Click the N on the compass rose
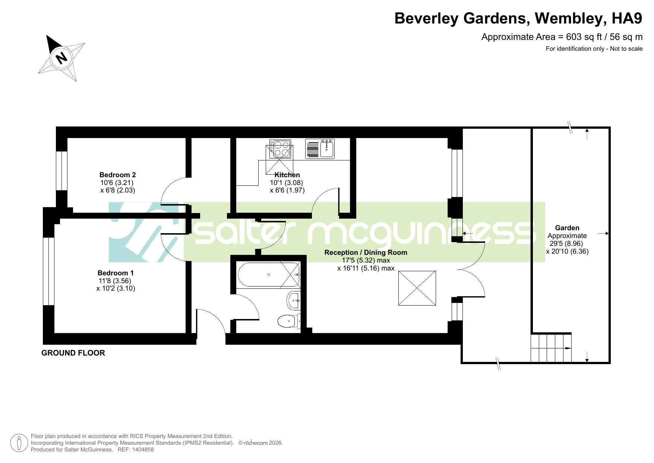(x=61, y=58)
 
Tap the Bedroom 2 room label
(x=117, y=175)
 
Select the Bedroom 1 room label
(x=116, y=273)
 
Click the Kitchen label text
(x=287, y=175)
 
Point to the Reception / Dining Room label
(x=366, y=252)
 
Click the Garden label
(x=567, y=228)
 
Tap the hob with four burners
(x=280, y=149)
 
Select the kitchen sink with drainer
(x=320, y=149)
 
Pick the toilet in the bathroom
(x=289, y=320)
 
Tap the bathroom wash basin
(x=294, y=300)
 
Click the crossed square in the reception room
(x=417, y=288)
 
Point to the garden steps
(x=551, y=348)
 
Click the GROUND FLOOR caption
(x=73, y=353)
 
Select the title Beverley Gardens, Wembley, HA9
(x=518, y=18)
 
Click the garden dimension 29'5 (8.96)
(x=566, y=244)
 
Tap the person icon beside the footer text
(x=19, y=443)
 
